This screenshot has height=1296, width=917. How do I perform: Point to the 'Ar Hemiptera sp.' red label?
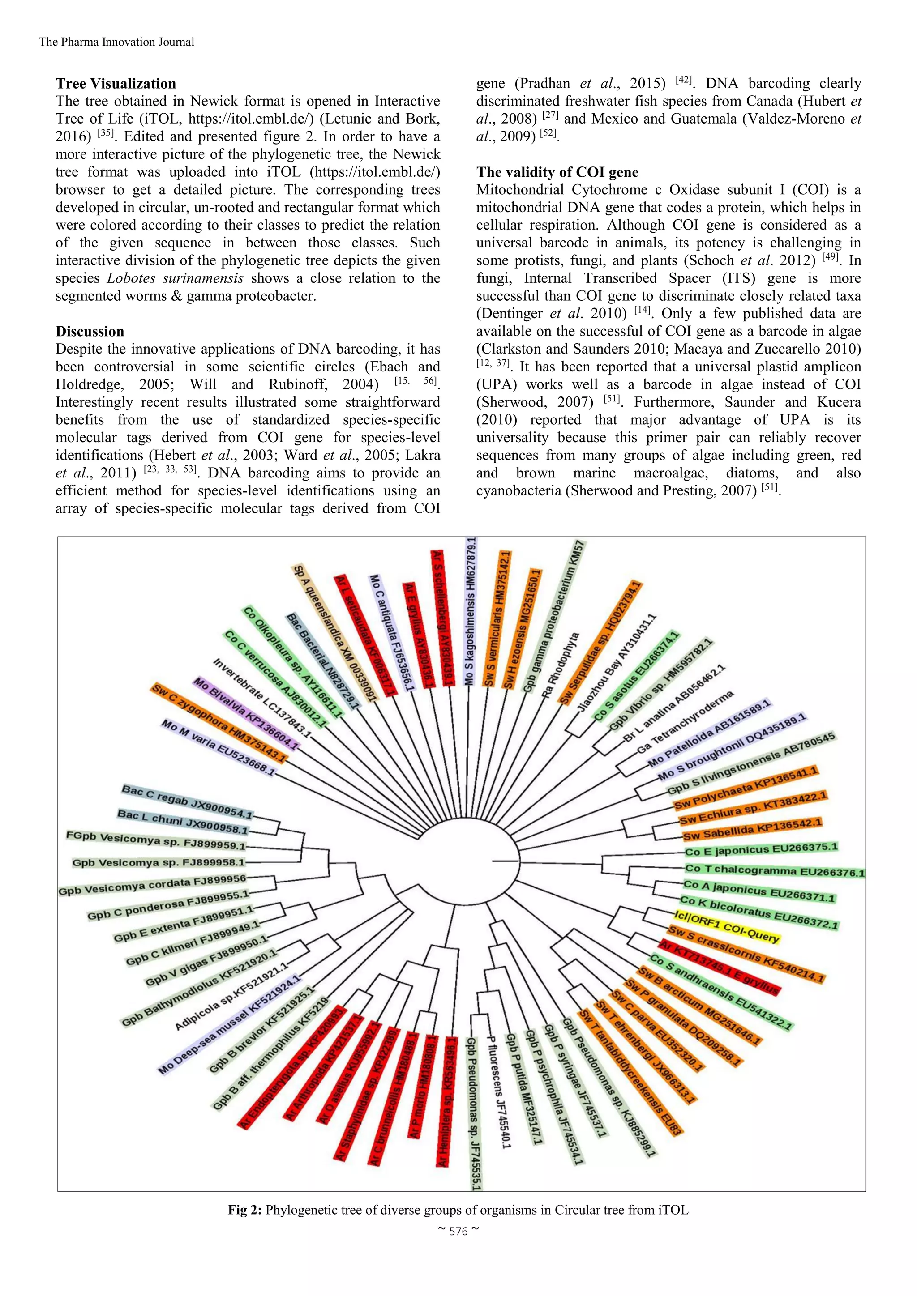pyautogui.click(x=446, y=1101)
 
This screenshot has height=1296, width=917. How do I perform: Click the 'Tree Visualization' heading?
pyautogui.click(x=116, y=84)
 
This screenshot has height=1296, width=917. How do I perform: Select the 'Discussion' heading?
pyautogui.click(x=90, y=331)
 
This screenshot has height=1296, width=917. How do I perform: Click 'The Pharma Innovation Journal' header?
pyautogui.click(x=116, y=42)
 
